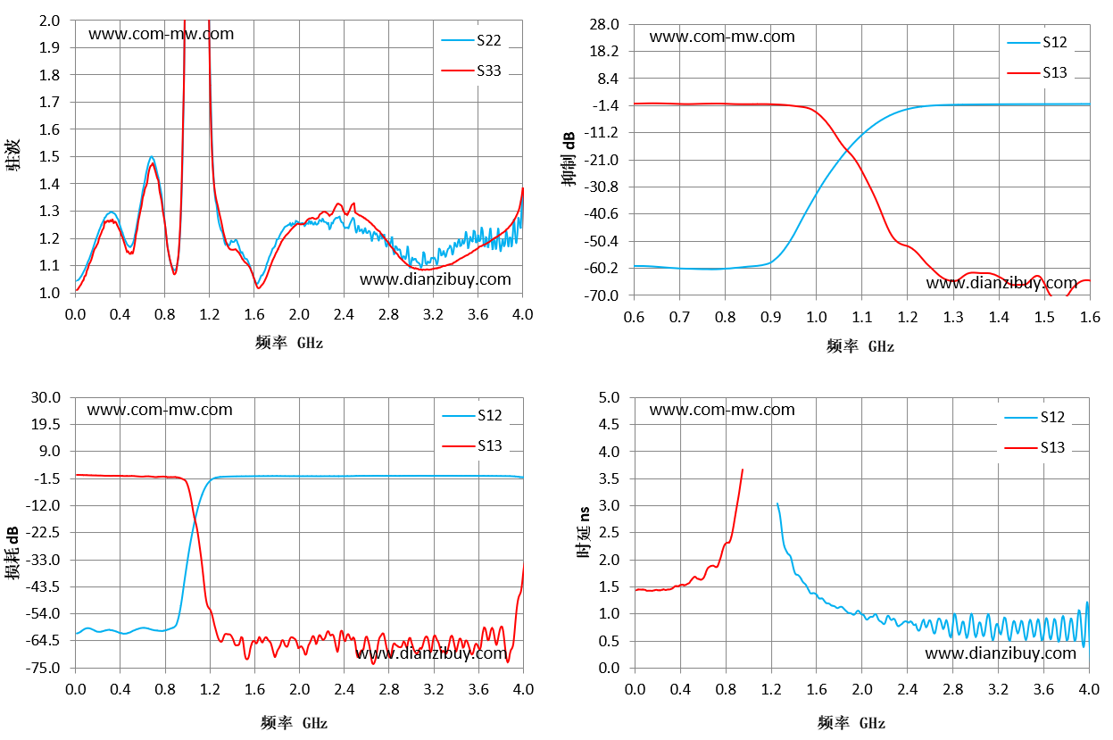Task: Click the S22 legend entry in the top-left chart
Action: point(471,40)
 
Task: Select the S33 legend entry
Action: point(471,71)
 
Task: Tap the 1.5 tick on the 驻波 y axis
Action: point(49,156)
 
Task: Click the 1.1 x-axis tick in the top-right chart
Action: point(861,317)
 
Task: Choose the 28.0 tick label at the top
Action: point(604,24)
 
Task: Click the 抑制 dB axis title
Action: point(569,159)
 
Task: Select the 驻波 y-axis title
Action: point(12,155)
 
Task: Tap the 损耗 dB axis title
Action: point(12,553)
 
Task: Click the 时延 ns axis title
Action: point(585,532)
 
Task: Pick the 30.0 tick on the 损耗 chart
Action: point(46,397)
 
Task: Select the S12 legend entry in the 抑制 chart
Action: point(1037,42)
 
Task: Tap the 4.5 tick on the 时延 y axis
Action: point(610,424)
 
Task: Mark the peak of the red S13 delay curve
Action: point(743,470)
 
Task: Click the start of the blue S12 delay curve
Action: point(777,503)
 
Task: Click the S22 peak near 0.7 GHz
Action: point(152,156)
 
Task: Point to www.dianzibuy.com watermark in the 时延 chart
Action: point(1001,653)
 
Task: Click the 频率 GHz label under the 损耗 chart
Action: point(295,722)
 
